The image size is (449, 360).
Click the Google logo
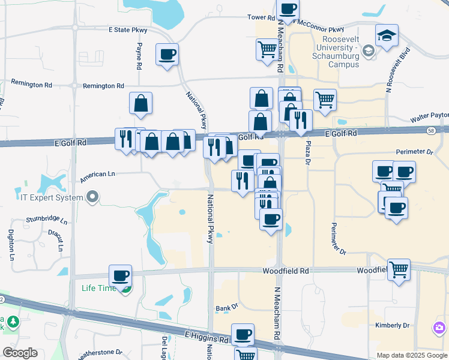(x=20, y=352)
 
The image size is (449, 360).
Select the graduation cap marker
(x=387, y=36)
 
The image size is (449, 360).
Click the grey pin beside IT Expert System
(x=92, y=196)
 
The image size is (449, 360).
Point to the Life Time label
(x=98, y=288)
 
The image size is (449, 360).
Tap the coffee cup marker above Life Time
(x=120, y=275)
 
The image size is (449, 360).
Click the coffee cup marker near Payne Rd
(x=167, y=55)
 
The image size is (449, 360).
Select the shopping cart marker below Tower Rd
(x=267, y=49)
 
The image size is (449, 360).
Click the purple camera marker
(x=439, y=328)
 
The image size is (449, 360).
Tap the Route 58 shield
(x=431, y=130)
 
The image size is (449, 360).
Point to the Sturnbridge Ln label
(x=47, y=221)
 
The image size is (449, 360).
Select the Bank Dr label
(x=227, y=308)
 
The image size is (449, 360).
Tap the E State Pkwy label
(x=128, y=29)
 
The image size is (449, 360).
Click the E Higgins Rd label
(x=207, y=338)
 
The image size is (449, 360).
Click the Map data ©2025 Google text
(x=412, y=355)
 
